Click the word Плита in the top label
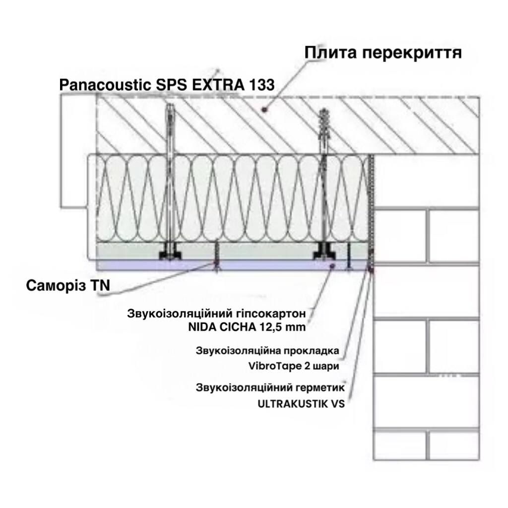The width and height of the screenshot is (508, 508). coord(330,53)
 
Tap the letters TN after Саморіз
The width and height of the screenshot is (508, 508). coord(100,285)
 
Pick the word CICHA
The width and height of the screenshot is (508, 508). coord(238,327)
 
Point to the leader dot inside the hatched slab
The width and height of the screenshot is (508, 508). coord(265,110)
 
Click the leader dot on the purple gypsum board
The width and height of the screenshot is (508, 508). coord(332,266)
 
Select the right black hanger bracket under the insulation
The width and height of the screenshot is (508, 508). coord(324,252)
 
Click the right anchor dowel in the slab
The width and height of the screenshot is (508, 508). coord(323,131)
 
